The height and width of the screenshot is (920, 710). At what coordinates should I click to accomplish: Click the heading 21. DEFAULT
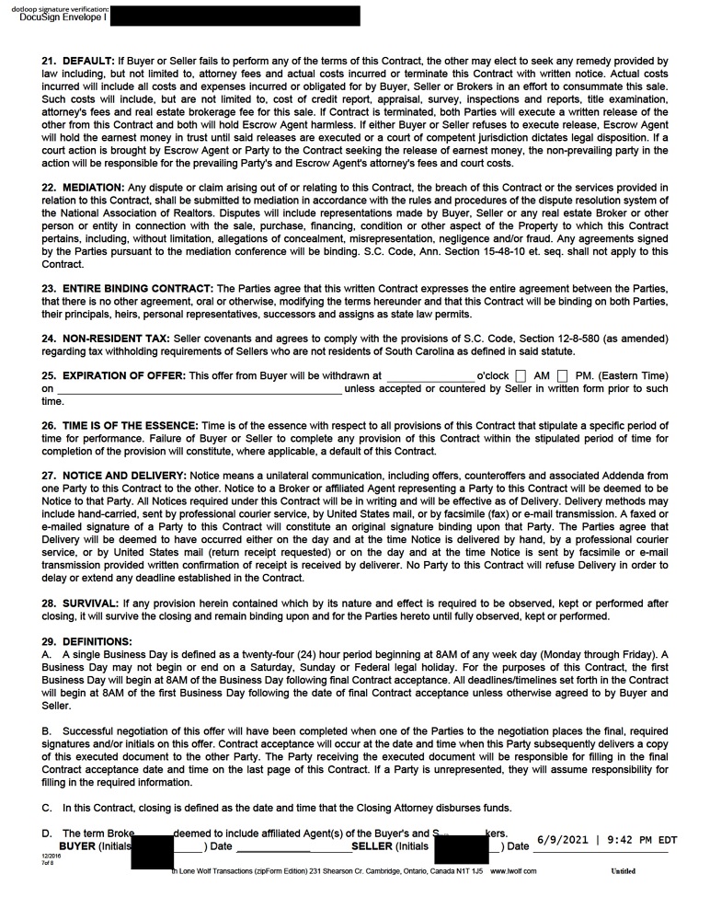click(x=78, y=60)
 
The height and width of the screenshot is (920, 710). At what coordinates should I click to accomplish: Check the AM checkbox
click(x=521, y=376)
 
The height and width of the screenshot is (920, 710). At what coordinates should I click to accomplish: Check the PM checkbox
click(x=562, y=376)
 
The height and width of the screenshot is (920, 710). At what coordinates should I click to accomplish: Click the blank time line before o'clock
click(x=429, y=377)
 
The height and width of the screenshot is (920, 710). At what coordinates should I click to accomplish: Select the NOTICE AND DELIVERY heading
click(x=122, y=477)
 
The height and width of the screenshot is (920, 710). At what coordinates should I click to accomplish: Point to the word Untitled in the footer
click(x=623, y=871)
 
